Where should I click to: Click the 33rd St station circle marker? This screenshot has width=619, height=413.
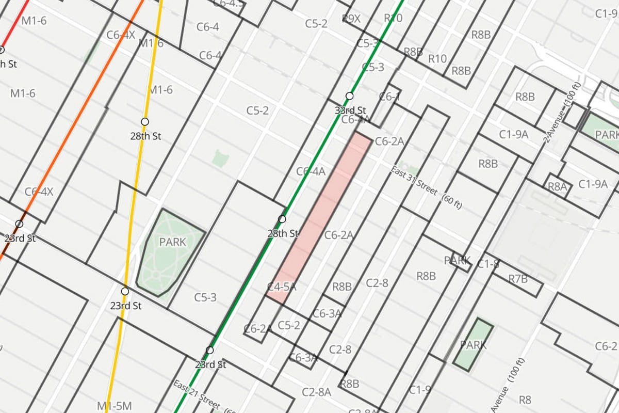point(350,96)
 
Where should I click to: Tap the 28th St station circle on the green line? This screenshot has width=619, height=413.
point(282,219)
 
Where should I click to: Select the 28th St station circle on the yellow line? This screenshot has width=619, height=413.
point(145,122)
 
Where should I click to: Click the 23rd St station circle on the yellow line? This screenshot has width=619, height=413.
point(125,291)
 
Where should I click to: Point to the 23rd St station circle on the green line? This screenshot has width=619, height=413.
point(210,350)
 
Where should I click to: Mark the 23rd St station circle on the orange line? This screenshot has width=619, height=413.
point(19,224)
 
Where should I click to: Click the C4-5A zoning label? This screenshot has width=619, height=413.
point(282,287)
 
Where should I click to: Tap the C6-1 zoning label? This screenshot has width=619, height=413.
point(389,97)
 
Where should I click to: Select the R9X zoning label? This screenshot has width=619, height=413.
point(351,19)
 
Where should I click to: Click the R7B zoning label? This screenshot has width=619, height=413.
point(518,279)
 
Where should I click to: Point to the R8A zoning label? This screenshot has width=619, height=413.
point(557,187)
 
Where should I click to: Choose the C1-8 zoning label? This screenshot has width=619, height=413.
point(488,264)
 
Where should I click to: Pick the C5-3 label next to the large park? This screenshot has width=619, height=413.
point(205,297)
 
